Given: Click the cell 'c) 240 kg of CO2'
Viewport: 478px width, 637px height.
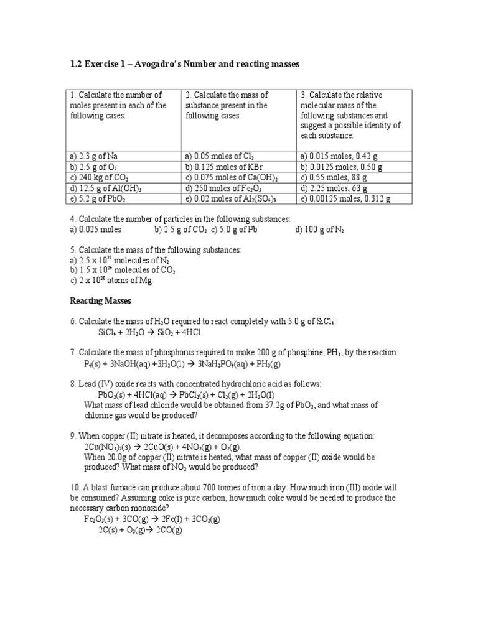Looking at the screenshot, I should (x=98, y=178).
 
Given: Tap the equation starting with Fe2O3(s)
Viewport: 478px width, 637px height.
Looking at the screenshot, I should (x=154, y=519).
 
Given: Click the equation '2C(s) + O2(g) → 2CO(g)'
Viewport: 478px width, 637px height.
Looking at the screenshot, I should (x=140, y=530).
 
